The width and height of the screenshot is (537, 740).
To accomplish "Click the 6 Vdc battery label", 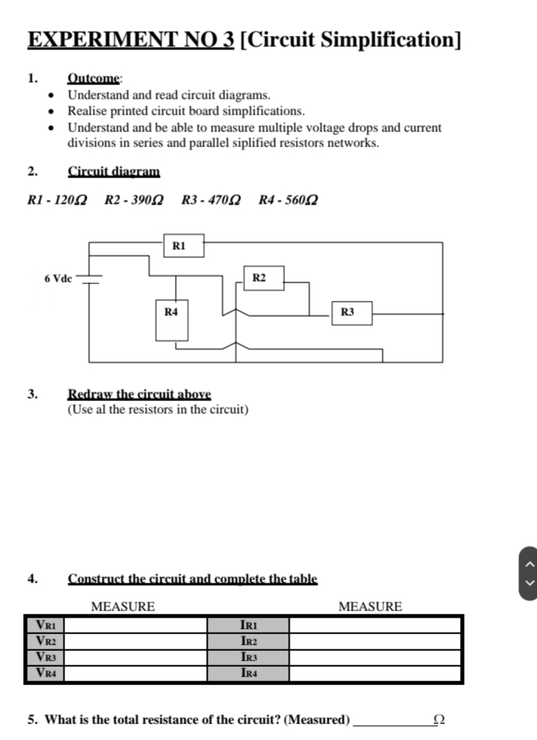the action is [58, 278].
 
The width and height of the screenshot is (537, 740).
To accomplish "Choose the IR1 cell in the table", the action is [249, 625].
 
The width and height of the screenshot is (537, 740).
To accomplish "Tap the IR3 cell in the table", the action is [249, 657].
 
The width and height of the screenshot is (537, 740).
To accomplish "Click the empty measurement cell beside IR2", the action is [375, 641].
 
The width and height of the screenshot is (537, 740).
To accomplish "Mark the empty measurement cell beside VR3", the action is [139, 657].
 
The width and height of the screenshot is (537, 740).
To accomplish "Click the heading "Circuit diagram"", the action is [114, 171].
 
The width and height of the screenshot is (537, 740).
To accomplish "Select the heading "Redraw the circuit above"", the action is [139, 394].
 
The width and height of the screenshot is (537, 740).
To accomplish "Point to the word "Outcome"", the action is [94, 79].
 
